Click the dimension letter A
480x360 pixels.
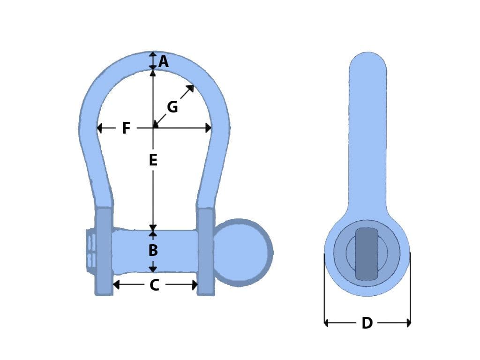163,61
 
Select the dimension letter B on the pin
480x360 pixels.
153,250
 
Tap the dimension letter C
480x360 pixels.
154,285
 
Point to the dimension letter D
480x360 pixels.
367,323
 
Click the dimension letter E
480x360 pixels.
153,160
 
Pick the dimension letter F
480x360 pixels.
126,128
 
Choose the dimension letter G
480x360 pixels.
172,107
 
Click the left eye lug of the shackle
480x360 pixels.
104,251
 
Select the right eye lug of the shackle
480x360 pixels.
205,251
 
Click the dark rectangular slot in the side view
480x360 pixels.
367,254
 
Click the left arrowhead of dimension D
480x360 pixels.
327,322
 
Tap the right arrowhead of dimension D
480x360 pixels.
408,322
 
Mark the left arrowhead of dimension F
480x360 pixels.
99,127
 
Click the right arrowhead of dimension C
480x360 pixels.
194,285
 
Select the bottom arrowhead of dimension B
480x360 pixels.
153,269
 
